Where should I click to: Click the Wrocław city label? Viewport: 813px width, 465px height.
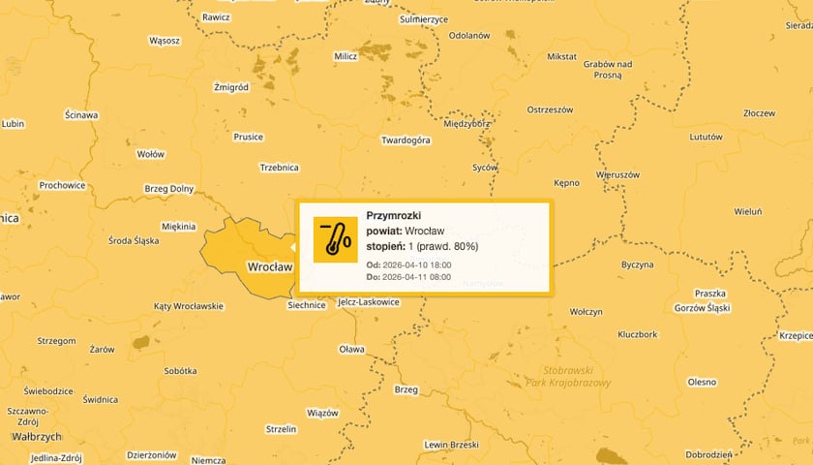click(x=270, y=265)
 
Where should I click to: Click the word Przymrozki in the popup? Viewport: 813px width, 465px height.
click(x=394, y=215)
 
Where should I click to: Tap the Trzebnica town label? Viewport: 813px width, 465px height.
click(x=279, y=168)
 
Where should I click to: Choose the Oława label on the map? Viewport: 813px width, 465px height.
click(x=351, y=349)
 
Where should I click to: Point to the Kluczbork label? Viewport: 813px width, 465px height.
click(x=637, y=334)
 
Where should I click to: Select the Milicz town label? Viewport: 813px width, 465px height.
click(x=345, y=56)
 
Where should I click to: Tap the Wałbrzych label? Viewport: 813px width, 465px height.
click(x=37, y=437)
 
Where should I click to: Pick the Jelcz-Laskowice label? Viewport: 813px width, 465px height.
click(x=368, y=302)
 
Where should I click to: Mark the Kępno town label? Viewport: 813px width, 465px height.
click(x=566, y=182)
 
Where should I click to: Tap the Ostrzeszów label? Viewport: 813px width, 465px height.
click(x=550, y=110)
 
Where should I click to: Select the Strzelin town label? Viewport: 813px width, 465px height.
click(x=281, y=428)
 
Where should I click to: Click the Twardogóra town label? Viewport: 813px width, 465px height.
click(x=406, y=140)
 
